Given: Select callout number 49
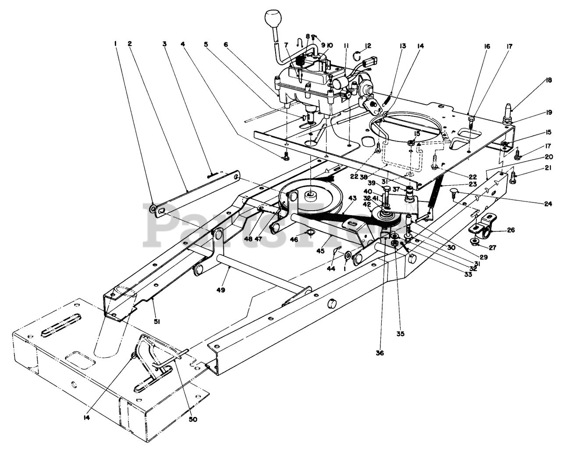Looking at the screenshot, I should pos(220,290).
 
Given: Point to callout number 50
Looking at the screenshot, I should pos(193,419).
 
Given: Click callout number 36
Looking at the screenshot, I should pos(380,353).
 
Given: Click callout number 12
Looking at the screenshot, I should pos(368,46).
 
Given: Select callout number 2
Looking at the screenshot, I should pos(130,43).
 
